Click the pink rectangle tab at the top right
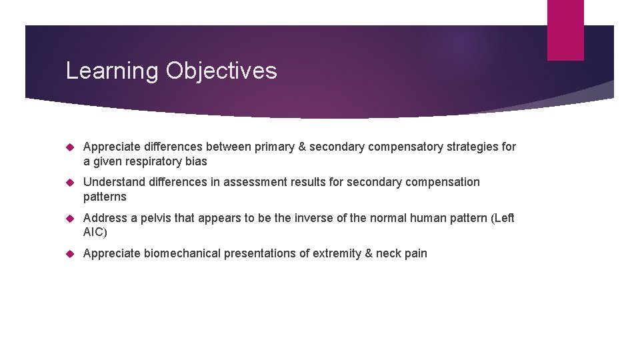point(565,30)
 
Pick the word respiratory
point(154,161)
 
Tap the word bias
point(197,161)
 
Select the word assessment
point(250,182)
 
